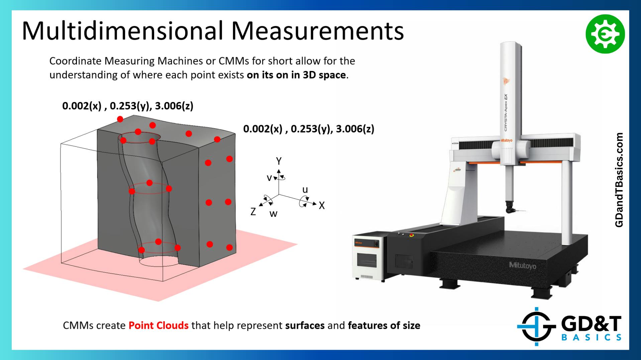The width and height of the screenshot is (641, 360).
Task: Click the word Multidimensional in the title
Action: pos(122,31)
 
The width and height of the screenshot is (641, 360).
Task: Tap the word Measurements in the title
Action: pos(317,31)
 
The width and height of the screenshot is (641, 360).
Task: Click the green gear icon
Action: pos(605,34)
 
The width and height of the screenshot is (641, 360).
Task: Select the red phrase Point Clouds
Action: pos(158,326)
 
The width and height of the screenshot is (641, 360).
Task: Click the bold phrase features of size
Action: pos(384,326)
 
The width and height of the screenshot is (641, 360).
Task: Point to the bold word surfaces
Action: pos(305,326)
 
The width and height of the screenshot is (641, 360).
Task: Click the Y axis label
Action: pos(279,161)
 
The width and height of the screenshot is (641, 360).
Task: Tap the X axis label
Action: pos(322,205)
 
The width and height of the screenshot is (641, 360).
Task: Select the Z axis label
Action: pos(253,211)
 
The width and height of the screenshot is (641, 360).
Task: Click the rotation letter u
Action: pos(305,190)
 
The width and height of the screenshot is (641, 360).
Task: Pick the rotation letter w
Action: pos(274,214)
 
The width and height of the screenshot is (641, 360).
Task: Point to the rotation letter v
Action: pos(269,178)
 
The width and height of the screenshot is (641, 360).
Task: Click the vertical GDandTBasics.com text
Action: pos(619,180)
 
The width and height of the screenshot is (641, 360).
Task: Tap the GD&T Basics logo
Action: pos(569,327)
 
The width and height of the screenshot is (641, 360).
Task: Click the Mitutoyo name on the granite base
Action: pos(522,265)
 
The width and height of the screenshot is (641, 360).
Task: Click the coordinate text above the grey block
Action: pos(128,106)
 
